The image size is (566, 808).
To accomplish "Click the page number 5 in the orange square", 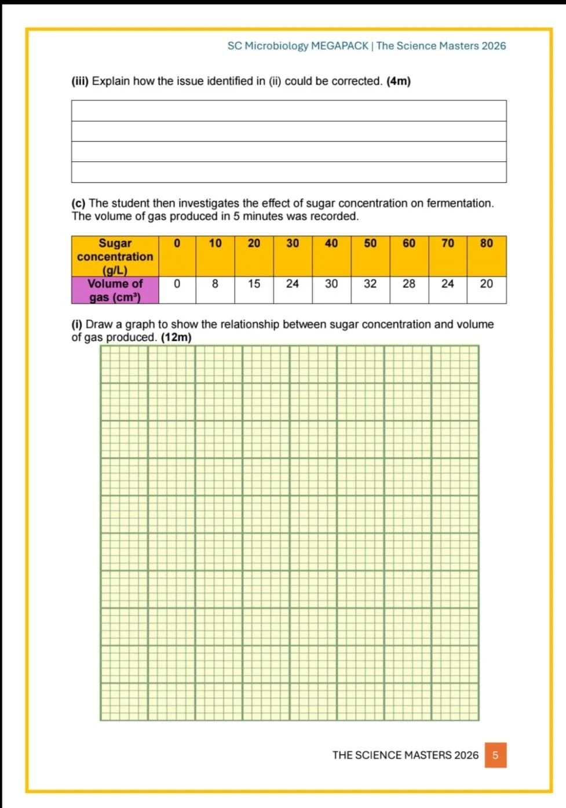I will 495,755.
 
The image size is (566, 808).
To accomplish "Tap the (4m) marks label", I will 399,81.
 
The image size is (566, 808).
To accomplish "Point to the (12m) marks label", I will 176,337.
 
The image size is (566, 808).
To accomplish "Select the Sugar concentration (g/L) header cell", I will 115,256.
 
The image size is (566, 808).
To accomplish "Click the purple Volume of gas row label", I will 115,290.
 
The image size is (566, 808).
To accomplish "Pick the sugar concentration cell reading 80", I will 487,243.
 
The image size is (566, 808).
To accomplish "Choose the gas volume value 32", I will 370,284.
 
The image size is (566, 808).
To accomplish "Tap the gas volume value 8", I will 215,284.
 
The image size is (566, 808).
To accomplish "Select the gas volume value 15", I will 254,284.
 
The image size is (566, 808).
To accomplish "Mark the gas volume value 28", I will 409,284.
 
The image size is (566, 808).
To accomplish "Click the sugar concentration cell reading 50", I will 370,243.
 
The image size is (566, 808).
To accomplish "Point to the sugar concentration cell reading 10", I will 215,243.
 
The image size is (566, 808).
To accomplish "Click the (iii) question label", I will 80,81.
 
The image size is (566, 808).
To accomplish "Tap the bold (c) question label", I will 78,203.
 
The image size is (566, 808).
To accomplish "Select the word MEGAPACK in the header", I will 339,46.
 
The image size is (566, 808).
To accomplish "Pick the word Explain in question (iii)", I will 111,81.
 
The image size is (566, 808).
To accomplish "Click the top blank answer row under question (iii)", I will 289,111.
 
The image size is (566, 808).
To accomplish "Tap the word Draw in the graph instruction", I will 100,325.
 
